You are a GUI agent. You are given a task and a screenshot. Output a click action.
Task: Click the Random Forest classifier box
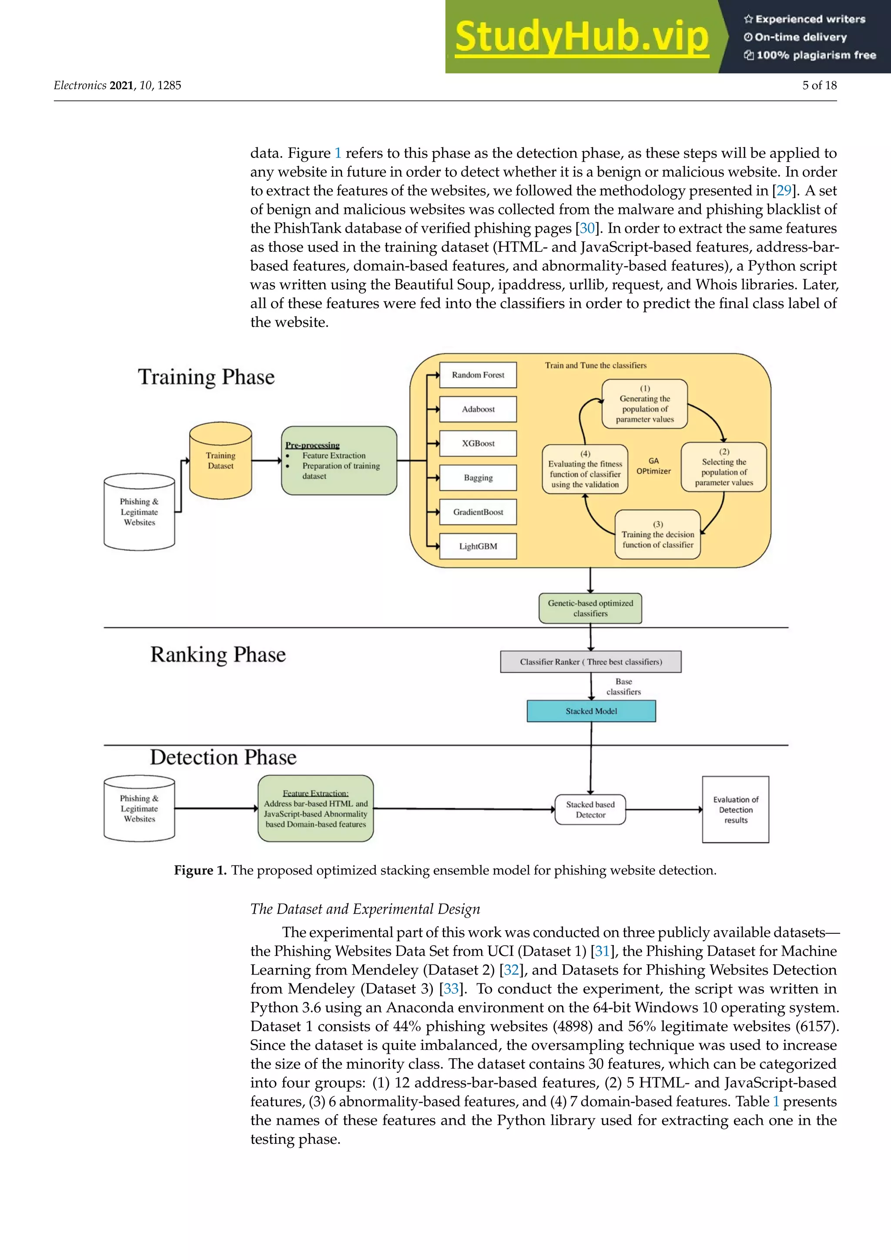478,375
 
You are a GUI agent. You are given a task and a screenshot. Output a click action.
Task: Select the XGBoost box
478,443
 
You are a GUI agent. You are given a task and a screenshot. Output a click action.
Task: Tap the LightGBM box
478,546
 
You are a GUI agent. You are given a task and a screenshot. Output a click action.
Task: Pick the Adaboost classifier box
478,409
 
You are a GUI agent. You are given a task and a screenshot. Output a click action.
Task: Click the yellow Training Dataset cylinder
221,461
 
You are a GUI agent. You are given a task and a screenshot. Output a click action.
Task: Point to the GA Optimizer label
653,466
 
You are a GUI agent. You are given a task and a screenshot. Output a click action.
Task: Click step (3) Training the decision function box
657,535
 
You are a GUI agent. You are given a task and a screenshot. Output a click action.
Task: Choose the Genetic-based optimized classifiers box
590,608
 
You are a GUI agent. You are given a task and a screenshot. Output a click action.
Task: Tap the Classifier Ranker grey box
591,662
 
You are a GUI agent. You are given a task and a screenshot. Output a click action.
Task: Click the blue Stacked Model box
591,711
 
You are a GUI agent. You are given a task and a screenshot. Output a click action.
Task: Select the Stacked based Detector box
590,809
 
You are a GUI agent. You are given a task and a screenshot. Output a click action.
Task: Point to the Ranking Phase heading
218,655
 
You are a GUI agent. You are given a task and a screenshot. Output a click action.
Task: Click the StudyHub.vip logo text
582,37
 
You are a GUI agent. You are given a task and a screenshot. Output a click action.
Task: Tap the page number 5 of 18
819,85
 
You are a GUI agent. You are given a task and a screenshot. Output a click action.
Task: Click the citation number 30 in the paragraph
587,228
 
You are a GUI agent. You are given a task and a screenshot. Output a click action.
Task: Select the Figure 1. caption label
200,870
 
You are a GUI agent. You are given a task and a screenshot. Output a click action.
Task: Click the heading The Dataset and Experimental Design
365,909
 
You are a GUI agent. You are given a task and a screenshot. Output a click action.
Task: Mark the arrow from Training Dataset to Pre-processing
267,460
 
